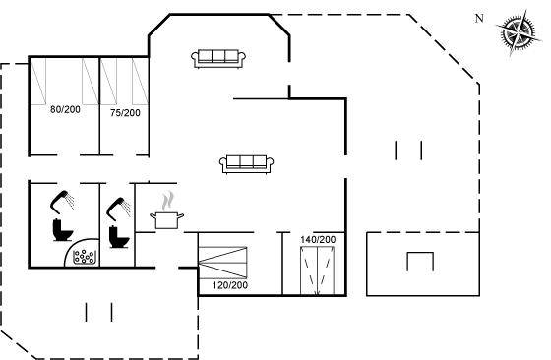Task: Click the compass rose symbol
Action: coord(519,32)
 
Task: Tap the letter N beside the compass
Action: coord(479,19)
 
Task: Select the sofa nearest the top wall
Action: coord(218,58)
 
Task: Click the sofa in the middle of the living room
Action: coord(246,164)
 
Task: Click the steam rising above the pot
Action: coord(167,201)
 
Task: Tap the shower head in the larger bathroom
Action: coord(62,202)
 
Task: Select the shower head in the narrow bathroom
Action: coord(119,209)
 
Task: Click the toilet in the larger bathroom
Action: coord(63,230)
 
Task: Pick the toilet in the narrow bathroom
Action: coord(119,237)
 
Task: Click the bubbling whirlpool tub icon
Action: coord(85,257)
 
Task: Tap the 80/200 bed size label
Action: coord(65,109)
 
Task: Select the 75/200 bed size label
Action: coord(125,113)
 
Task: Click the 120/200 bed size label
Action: coord(230,285)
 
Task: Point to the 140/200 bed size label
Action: coord(318,240)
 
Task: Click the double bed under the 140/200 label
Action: coord(317,270)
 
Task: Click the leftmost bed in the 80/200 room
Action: coord(38,82)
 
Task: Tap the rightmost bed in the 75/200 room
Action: coord(140,82)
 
